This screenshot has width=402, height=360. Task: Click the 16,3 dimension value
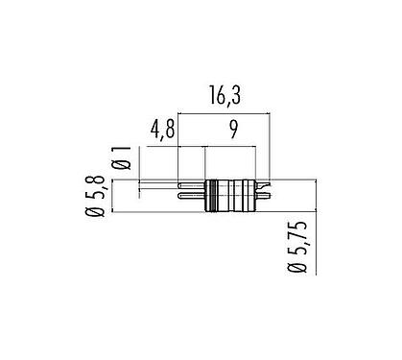pos(225,97)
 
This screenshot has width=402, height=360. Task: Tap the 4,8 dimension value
pos(162,128)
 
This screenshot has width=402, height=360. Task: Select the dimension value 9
pos(229,128)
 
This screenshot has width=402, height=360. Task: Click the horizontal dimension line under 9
pos(230,146)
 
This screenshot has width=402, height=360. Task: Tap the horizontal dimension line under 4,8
pos(163,146)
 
